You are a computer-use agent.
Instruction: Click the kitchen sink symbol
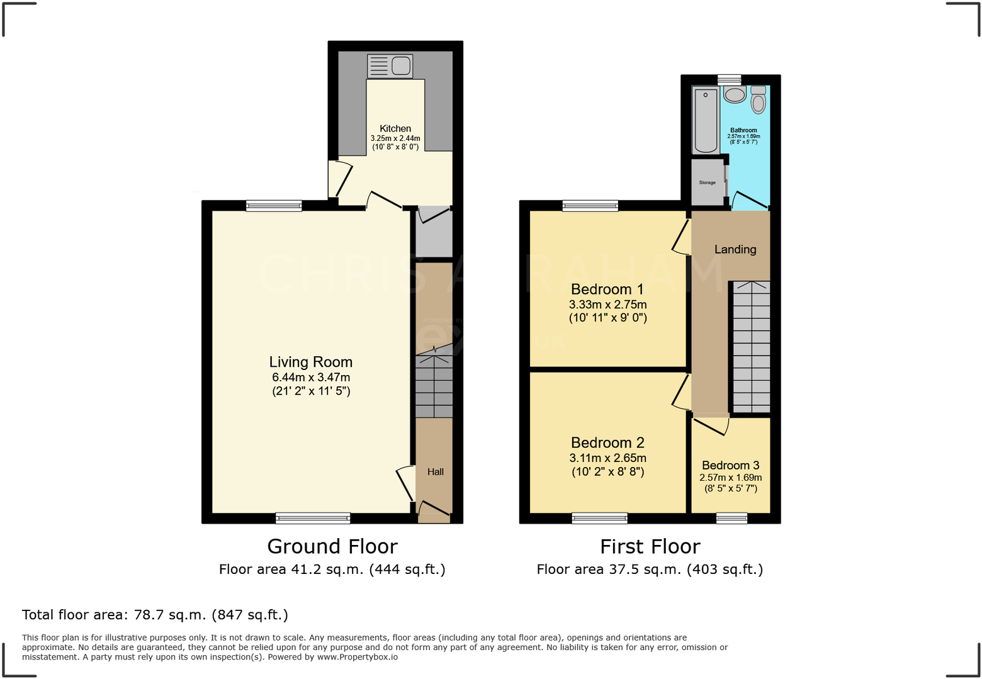coord(390,65)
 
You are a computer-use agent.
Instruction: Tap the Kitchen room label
coord(395,128)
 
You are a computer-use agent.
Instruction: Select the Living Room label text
coord(311,362)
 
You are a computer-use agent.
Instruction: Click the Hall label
coord(436,471)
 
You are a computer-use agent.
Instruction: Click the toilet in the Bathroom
coord(759,101)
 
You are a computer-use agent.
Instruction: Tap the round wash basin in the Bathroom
coord(735,95)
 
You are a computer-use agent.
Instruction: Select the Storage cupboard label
coord(708,182)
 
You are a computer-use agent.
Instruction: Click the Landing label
coord(735,249)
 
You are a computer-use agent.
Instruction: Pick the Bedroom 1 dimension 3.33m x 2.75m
coord(608,305)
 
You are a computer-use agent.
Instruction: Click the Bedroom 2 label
coord(607,442)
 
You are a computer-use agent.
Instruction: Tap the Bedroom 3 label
coord(730,465)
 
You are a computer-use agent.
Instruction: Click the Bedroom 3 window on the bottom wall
coord(731,518)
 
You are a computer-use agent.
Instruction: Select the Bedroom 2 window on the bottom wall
coord(599,518)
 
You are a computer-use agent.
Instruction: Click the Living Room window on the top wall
coord(274,205)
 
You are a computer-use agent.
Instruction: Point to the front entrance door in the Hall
coord(434,508)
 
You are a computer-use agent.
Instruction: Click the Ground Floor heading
coord(332,546)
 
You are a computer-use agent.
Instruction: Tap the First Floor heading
coord(650,546)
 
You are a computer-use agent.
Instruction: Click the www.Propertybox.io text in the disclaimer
coord(357,657)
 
